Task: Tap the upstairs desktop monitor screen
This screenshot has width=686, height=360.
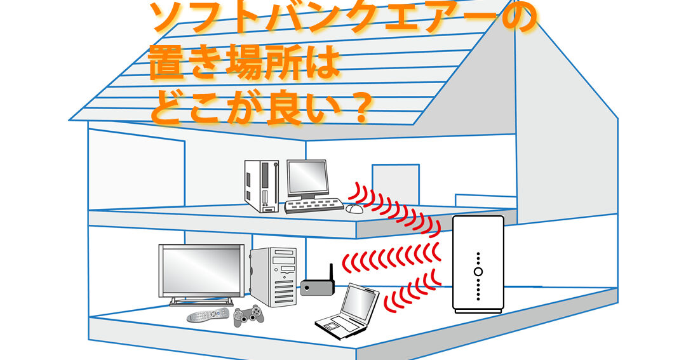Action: click(306, 177)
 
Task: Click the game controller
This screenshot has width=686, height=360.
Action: click(248, 316)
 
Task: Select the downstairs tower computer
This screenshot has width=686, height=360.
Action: click(273, 277)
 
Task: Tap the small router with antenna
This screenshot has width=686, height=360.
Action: click(316, 288)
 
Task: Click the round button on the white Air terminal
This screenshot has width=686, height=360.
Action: click(478, 272)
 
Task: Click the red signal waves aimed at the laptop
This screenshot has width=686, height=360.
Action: click(413, 289)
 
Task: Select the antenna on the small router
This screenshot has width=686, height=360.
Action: click(331, 272)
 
